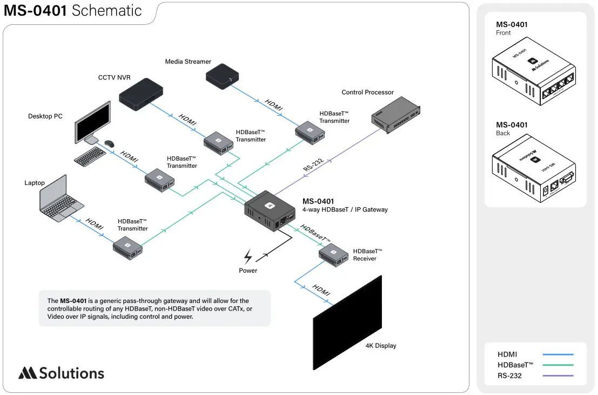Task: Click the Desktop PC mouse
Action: [110, 144]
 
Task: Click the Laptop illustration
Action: [61, 198]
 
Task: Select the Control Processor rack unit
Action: [395, 115]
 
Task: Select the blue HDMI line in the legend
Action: [557, 354]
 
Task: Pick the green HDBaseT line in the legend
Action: [557, 365]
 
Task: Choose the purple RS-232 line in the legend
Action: [557, 376]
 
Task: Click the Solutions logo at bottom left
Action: [61, 373]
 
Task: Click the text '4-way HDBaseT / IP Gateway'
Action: [345, 210]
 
